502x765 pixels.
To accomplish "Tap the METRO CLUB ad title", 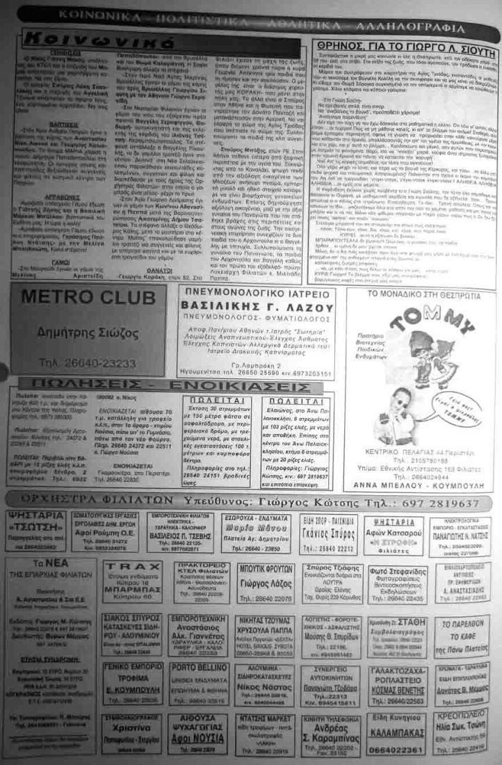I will pos(88,297).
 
